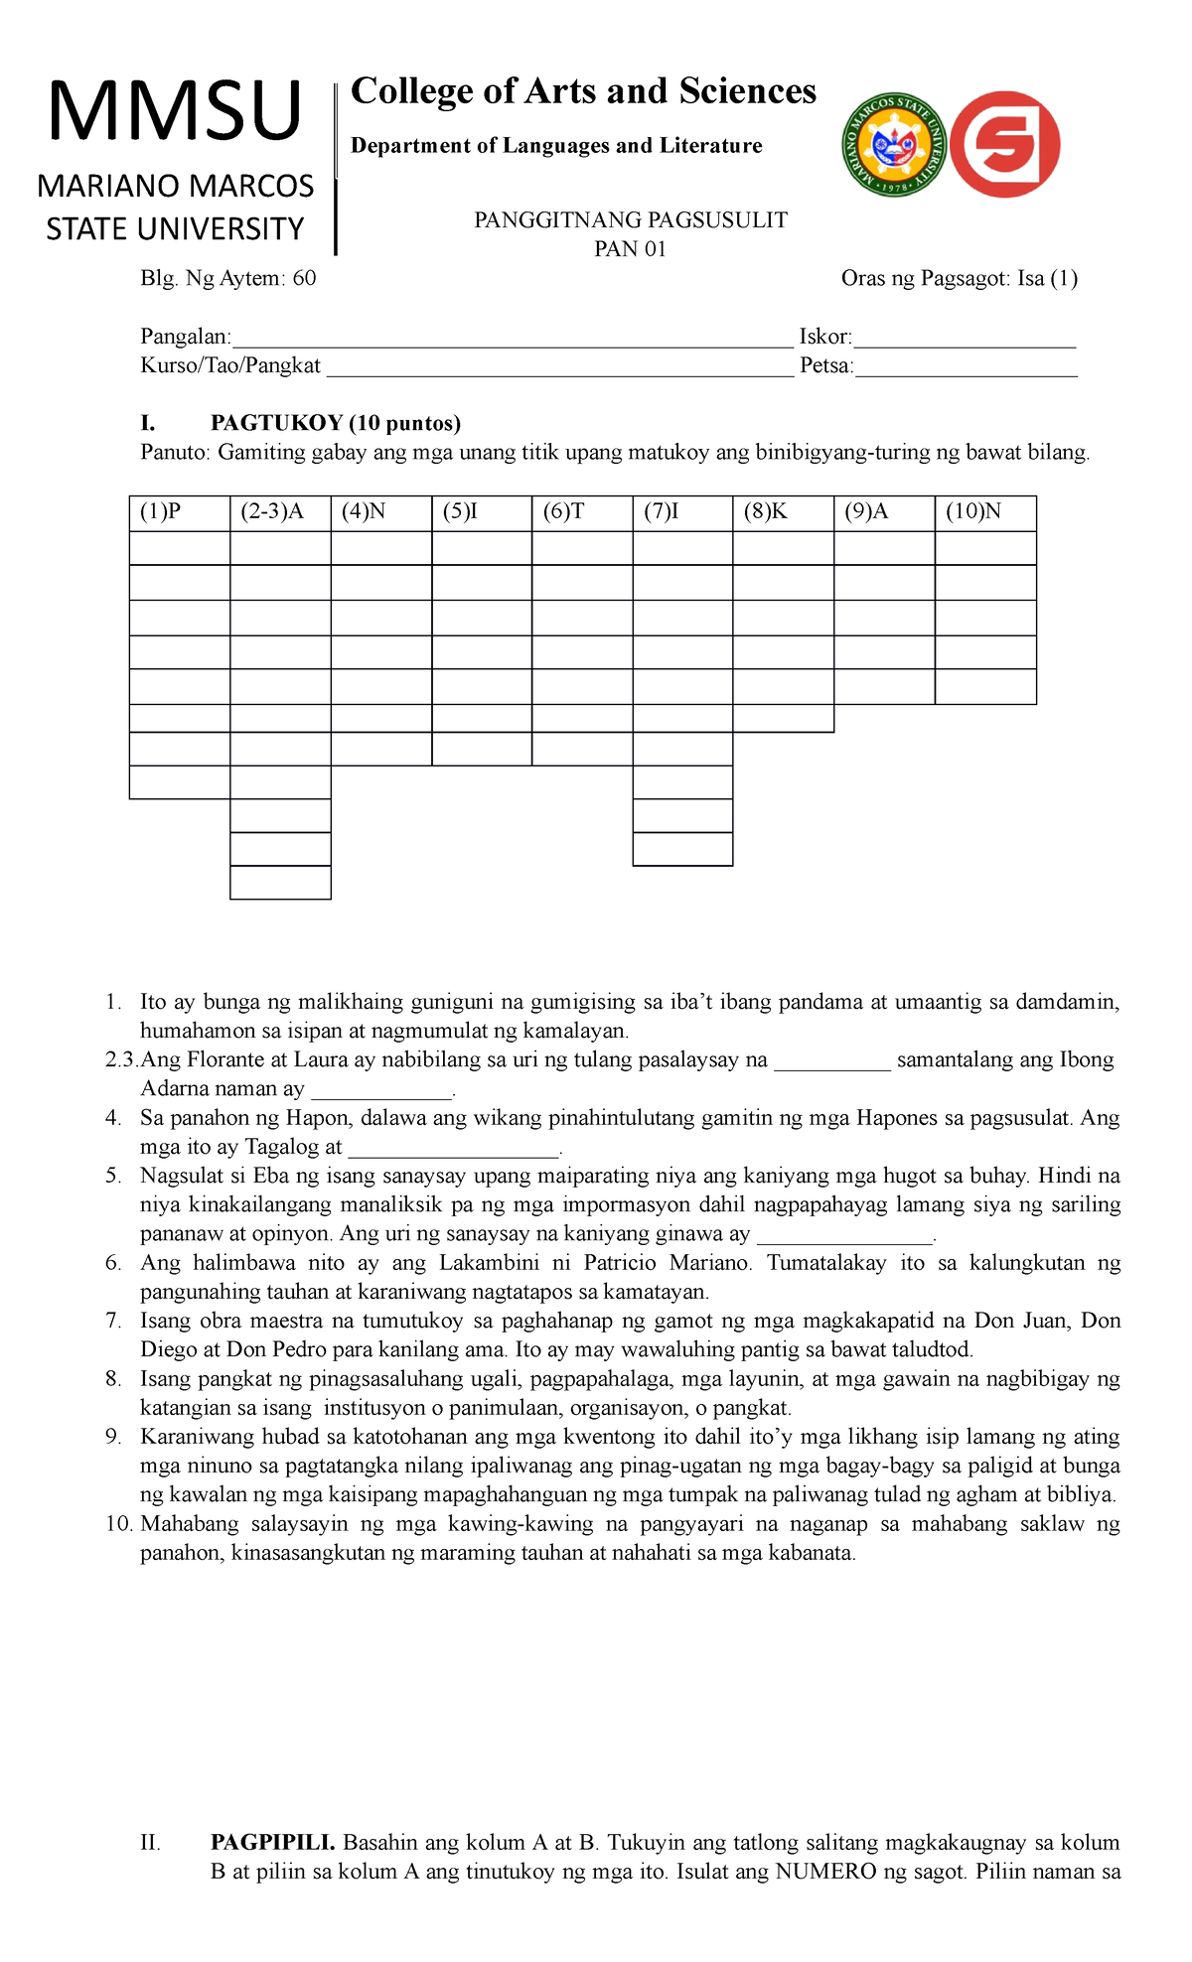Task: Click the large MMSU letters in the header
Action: (x=175, y=112)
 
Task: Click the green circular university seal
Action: (x=893, y=145)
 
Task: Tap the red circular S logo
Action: (x=1005, y=144)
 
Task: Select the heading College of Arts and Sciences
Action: (x=583, y=91)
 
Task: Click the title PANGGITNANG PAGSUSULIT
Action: (x=630, y=220)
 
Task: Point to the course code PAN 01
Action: (x=630, y=249)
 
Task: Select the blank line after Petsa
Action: (x=966, y=367)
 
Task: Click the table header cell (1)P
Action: (x=179, y=512)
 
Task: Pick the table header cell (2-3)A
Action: (x=279, y=512)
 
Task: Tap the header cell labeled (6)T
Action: (x=581, y=512)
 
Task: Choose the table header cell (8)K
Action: (x=783, y=512)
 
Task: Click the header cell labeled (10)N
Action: (x=984, y=512)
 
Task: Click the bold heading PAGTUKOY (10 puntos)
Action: (x=336, y=424)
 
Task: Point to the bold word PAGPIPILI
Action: (x=273, y=1843)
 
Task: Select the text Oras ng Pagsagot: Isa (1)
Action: (x=959, y=278)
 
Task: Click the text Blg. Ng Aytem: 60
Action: (x=228, y=278)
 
